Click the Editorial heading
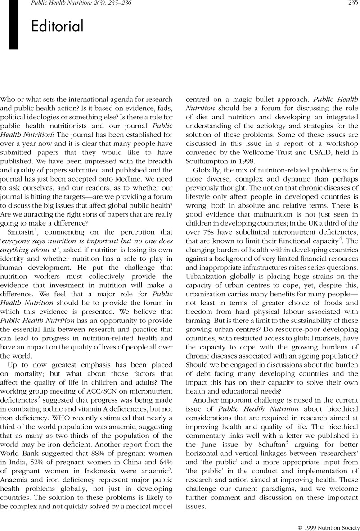(58, 27)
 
